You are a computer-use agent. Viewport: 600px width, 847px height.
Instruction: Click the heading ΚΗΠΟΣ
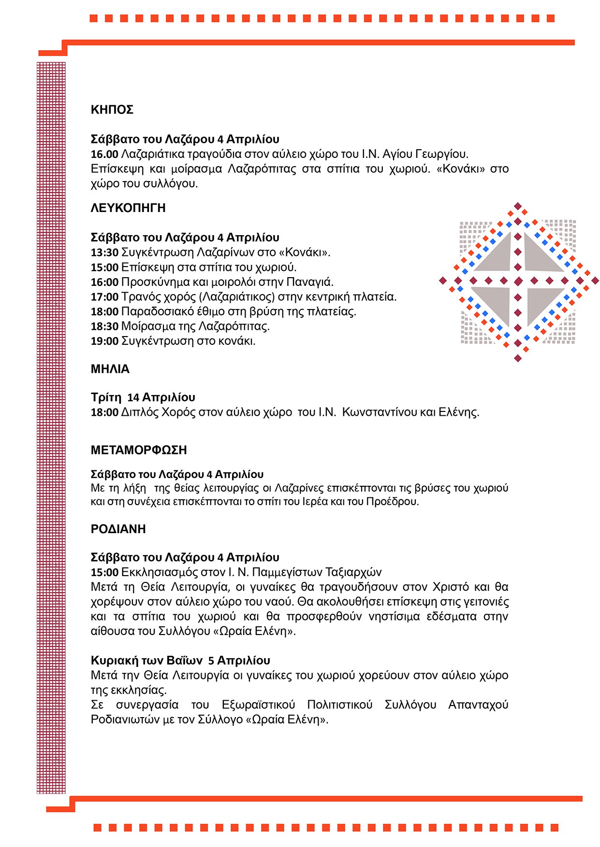point(112,110)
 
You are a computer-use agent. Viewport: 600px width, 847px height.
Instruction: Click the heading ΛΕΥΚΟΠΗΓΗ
point(128,208)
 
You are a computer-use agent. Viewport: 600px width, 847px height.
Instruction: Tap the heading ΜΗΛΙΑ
point(110,369)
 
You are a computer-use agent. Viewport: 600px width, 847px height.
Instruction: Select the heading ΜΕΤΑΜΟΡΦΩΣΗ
point(139,450)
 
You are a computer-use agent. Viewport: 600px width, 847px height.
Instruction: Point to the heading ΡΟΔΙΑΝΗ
point(118,529)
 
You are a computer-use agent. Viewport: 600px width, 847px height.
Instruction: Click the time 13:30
point(104,253)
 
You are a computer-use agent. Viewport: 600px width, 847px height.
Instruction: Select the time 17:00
point(104,297)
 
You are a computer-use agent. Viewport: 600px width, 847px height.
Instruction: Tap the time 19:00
point(104,341)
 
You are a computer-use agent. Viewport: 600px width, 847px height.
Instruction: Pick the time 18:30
point(104,326)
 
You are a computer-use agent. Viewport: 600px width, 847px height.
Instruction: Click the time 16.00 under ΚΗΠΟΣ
point(104,155)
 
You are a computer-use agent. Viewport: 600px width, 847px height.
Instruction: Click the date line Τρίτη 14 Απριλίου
point(143,397)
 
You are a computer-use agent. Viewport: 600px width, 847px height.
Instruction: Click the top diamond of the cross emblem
point(518,206)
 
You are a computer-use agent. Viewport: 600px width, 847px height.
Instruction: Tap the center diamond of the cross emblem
point(518,281)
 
